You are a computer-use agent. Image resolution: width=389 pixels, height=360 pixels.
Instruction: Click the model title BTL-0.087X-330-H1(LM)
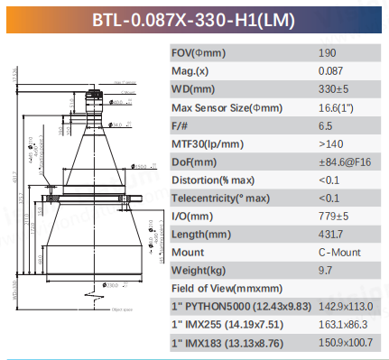[193, 17]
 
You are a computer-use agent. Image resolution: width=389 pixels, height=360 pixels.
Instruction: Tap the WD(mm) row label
[193, 89]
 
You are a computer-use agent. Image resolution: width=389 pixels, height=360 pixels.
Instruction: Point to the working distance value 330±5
[333, 89]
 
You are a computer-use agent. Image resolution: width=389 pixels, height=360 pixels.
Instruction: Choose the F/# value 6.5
[326, 126]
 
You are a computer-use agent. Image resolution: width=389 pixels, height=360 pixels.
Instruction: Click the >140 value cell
[330, 144]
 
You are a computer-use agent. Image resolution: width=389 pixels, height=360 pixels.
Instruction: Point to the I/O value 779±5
[333, 217]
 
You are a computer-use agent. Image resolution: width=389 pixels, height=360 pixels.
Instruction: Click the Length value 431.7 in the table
[330, 235]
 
